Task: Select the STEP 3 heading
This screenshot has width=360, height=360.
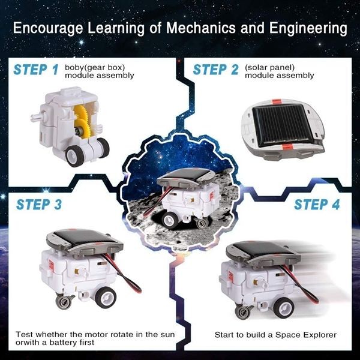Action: click(39, 204)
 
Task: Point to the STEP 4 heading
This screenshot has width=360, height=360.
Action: click(316, 204)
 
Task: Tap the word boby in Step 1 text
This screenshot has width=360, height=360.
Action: click(74, 67)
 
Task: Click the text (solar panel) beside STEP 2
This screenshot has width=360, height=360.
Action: click(267, 67)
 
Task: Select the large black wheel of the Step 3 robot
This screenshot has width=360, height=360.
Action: click(104, 297)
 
